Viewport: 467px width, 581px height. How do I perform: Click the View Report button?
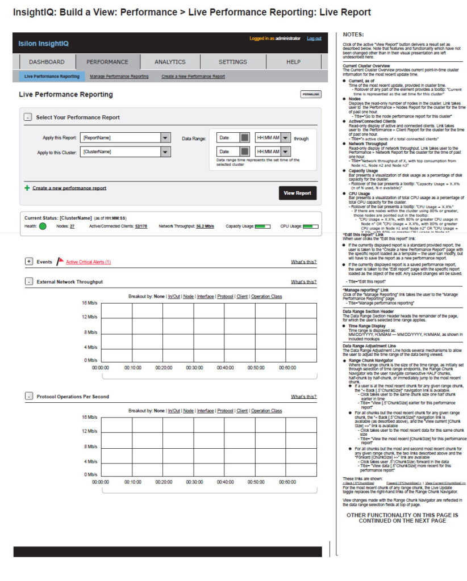coord(297,193)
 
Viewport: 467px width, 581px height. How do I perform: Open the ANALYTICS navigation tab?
coord(170,62)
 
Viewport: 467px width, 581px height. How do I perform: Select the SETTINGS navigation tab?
coord(232,62)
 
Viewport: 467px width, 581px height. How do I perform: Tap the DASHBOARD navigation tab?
coord(47,62)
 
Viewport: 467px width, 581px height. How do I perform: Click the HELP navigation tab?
coord(293,62)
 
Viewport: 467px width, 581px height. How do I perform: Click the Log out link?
coord(314,39)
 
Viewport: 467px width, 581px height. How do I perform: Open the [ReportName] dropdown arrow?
coord(165,138)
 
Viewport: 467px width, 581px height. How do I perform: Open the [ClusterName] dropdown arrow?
coord(165,152)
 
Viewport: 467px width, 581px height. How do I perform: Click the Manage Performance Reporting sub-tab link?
coord(119,76)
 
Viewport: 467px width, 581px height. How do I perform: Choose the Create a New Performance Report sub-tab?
coord(193,76)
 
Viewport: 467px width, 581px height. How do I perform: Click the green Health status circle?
coord(43,226)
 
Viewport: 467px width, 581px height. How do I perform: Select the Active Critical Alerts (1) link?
coord(88,262)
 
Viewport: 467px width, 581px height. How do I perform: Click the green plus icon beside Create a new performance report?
coord(27,188)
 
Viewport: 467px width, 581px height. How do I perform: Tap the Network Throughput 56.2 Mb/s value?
coord(205,226)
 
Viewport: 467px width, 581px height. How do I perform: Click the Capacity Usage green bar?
coord(262,226)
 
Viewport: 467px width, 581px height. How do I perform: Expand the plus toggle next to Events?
coord(29,262)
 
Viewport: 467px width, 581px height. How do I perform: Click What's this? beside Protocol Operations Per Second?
coord(303,397)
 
